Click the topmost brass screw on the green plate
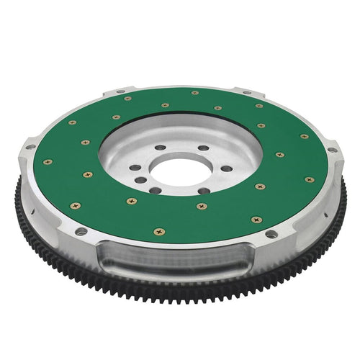(x=195, y=93)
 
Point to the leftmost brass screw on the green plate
(x=48, y=162)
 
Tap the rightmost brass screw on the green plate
(x=310, y=179)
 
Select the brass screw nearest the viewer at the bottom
(x=158, y=232)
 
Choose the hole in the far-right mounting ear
(x=332, y=150)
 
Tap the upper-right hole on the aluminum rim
(x=247, y=93)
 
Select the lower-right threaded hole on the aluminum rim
(x=270, y=234)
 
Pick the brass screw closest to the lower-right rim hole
(x=256, y=219)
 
